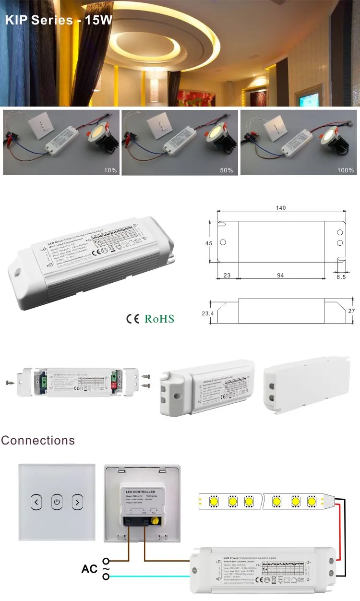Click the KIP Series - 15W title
(x=59, y=21)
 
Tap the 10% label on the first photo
(x=110, y=170)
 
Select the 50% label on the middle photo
(x=227, y=170)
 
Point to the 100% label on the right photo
(x=345, y=170)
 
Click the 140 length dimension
(x=281, y=208)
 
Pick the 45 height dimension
(x=209, y=243)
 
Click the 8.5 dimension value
(x=341, y=276)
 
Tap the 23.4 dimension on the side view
(x=208, y=313)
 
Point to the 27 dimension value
(x=352, y=311)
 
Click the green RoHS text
(x=159, y=319)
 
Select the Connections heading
(x=38, y=440)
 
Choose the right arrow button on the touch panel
(x=77, y=503)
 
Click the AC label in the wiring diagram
(x=89, y=569)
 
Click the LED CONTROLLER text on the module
(x=141, y=492)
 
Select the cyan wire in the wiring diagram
(x=149, y=577)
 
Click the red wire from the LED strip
(x=339, y=533)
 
